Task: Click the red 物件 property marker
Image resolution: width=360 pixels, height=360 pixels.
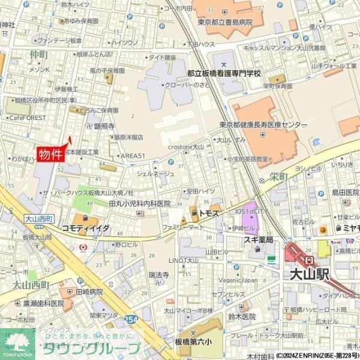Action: coord(50,155)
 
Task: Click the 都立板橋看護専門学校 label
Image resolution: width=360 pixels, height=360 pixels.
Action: coord(224,73)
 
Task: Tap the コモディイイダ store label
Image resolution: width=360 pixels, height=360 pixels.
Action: coord(85,229)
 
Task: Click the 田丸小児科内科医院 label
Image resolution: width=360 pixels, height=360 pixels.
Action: coord(140,204)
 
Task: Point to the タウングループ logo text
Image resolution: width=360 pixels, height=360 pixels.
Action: coord(93,349)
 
